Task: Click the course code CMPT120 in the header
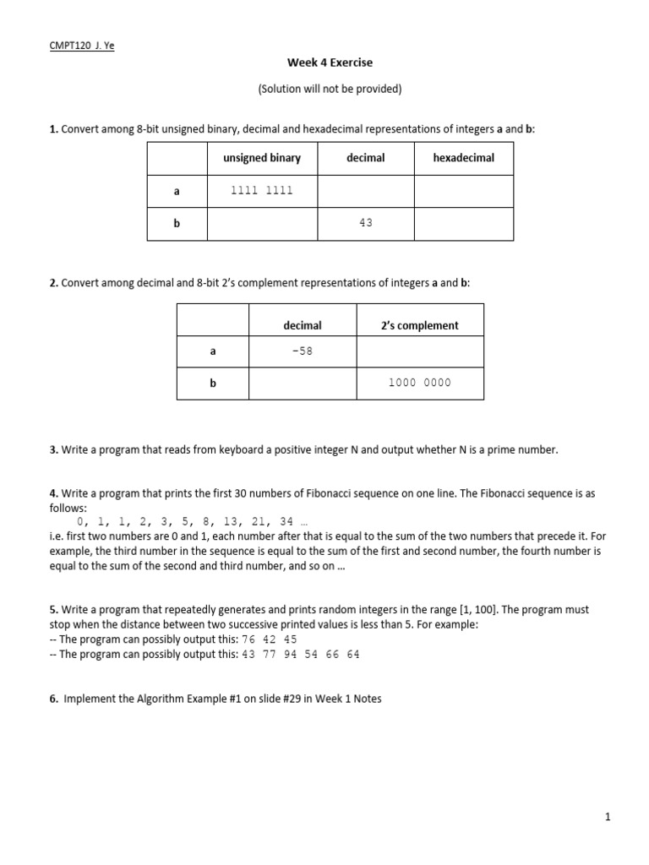pos(70,46)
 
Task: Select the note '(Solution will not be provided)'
pos(330,89)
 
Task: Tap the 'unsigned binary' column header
pos(262,158)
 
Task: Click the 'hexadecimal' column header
pos(463,158)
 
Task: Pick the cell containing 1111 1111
pos(262,191)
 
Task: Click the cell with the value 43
pos(365,223)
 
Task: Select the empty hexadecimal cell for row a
pos(463,191)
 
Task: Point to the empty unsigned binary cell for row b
pos(262,223)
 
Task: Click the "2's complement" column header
pos(420,325)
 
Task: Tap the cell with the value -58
pos(303,351)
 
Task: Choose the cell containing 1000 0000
pos(420,383)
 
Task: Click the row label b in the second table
pos(213,383)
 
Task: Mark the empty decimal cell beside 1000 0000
pos(303,383)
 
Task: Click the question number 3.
pos(53,450)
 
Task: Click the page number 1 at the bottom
pos(608,817)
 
